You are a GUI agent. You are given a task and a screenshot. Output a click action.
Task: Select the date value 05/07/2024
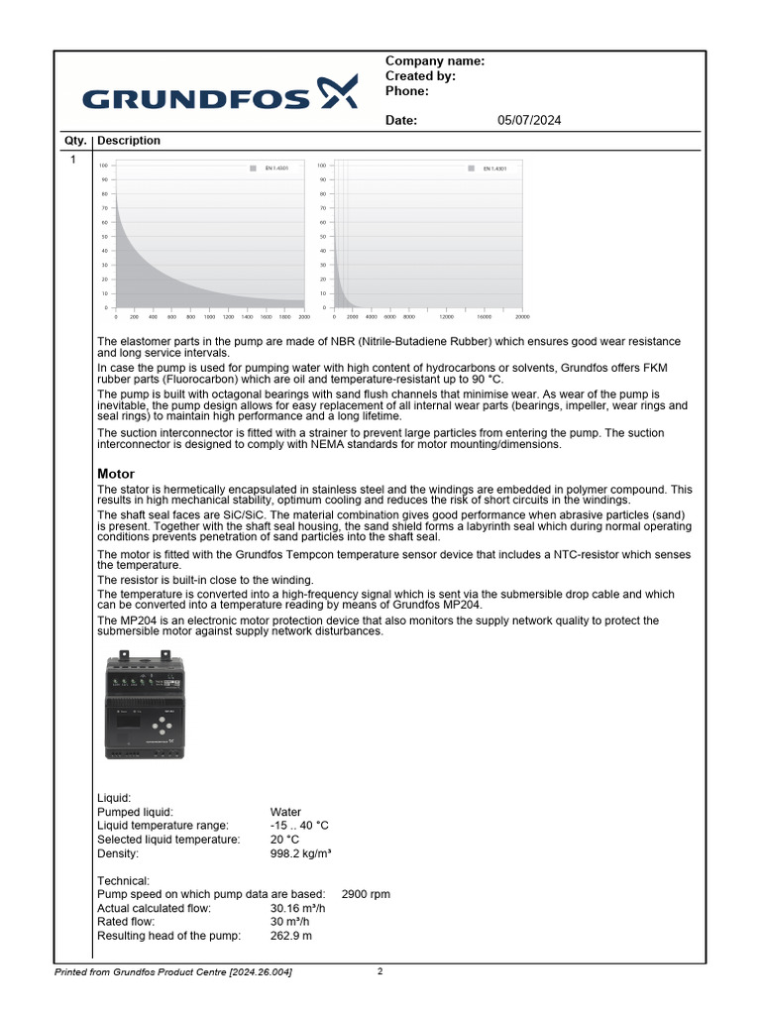[529, 121]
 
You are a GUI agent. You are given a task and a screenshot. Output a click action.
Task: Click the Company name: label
[434, 61]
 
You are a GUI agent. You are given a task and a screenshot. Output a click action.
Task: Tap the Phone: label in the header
[406, 91]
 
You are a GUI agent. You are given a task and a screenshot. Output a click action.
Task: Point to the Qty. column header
[75, 141]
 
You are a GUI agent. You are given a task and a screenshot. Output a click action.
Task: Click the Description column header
[129, 141]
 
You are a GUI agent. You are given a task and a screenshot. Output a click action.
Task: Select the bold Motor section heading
[116, 475]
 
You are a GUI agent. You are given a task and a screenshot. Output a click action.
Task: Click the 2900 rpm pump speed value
[366, 894]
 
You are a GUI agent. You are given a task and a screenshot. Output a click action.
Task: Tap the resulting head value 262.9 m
[291, 936]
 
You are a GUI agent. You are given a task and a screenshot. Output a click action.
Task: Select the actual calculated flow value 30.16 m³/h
[298, 908]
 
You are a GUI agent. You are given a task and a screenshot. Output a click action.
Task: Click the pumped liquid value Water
[285, 812]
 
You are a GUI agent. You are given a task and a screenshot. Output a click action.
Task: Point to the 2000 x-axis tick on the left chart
[304, 317]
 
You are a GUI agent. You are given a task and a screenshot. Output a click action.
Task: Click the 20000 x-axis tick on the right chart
[522, 317]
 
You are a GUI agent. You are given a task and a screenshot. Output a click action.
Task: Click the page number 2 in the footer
[380, 971]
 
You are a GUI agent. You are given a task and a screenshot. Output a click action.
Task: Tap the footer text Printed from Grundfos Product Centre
[172, 972]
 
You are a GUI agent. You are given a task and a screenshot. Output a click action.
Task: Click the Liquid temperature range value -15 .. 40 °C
[299, 826]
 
